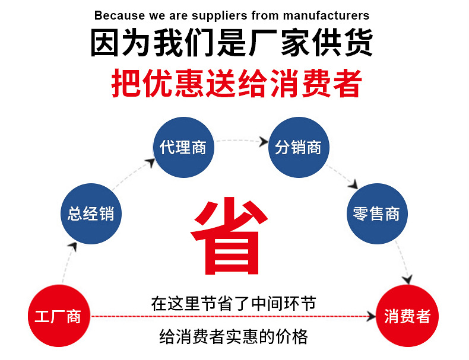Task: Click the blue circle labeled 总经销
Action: click(x=91, y=214)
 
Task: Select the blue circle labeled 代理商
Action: click(x=183, y=148)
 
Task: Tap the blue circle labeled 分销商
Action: click(x=298, y=148)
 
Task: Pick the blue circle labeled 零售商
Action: click(x=376, y=214)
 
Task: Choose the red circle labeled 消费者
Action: click(x=407, y=316)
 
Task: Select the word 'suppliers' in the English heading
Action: click(x=217, y=15)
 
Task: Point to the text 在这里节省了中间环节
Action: click(x=233, y=304)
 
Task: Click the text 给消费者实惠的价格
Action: click(x=234, y=337)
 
